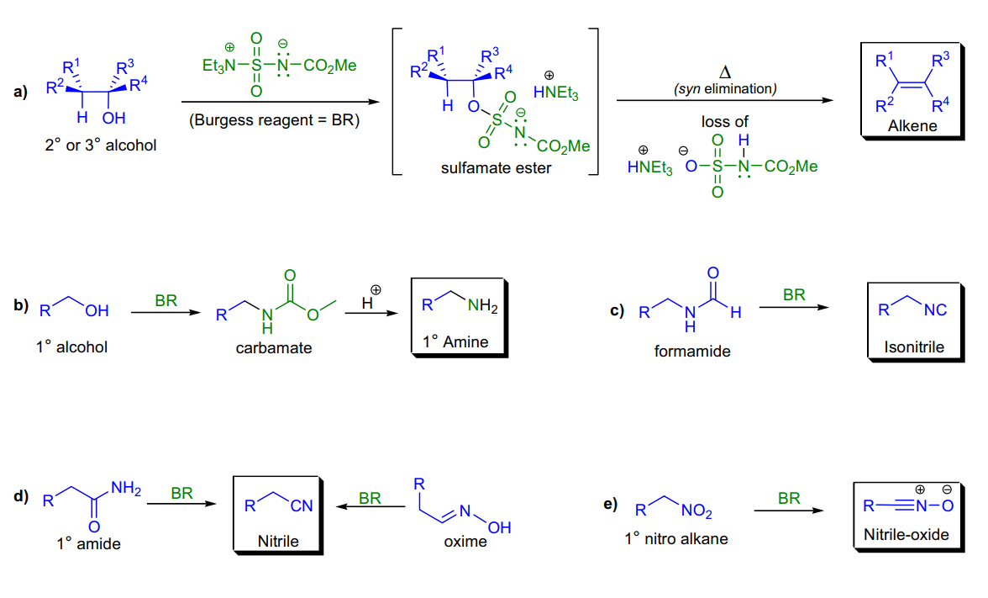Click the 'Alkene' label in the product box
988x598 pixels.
click(912, 126)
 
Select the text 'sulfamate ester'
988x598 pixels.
click(496, 168)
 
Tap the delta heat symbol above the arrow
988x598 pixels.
click(724, 72)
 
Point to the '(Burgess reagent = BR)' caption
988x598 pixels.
click(274, 119)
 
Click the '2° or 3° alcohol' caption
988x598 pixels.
click(100, 145)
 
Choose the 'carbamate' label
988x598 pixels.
click(274, 347)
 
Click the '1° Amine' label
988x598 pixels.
click(455, 341)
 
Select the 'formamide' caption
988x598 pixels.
click(692, 352)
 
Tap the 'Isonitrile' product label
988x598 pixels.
click(914, 347)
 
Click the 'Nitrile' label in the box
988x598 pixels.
click(278, 542)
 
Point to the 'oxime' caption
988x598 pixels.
click(465, 542)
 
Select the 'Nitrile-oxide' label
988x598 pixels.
click(906, 535)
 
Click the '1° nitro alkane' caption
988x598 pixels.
click(676, 538)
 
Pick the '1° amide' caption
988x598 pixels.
click(88, 543)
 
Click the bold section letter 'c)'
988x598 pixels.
click(617, 310)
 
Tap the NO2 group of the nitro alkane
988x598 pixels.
click(696, 511)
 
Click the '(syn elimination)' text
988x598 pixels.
click(724, 89)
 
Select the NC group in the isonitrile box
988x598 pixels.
click(935, 310)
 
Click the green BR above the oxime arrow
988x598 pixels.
click(370, 498)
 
